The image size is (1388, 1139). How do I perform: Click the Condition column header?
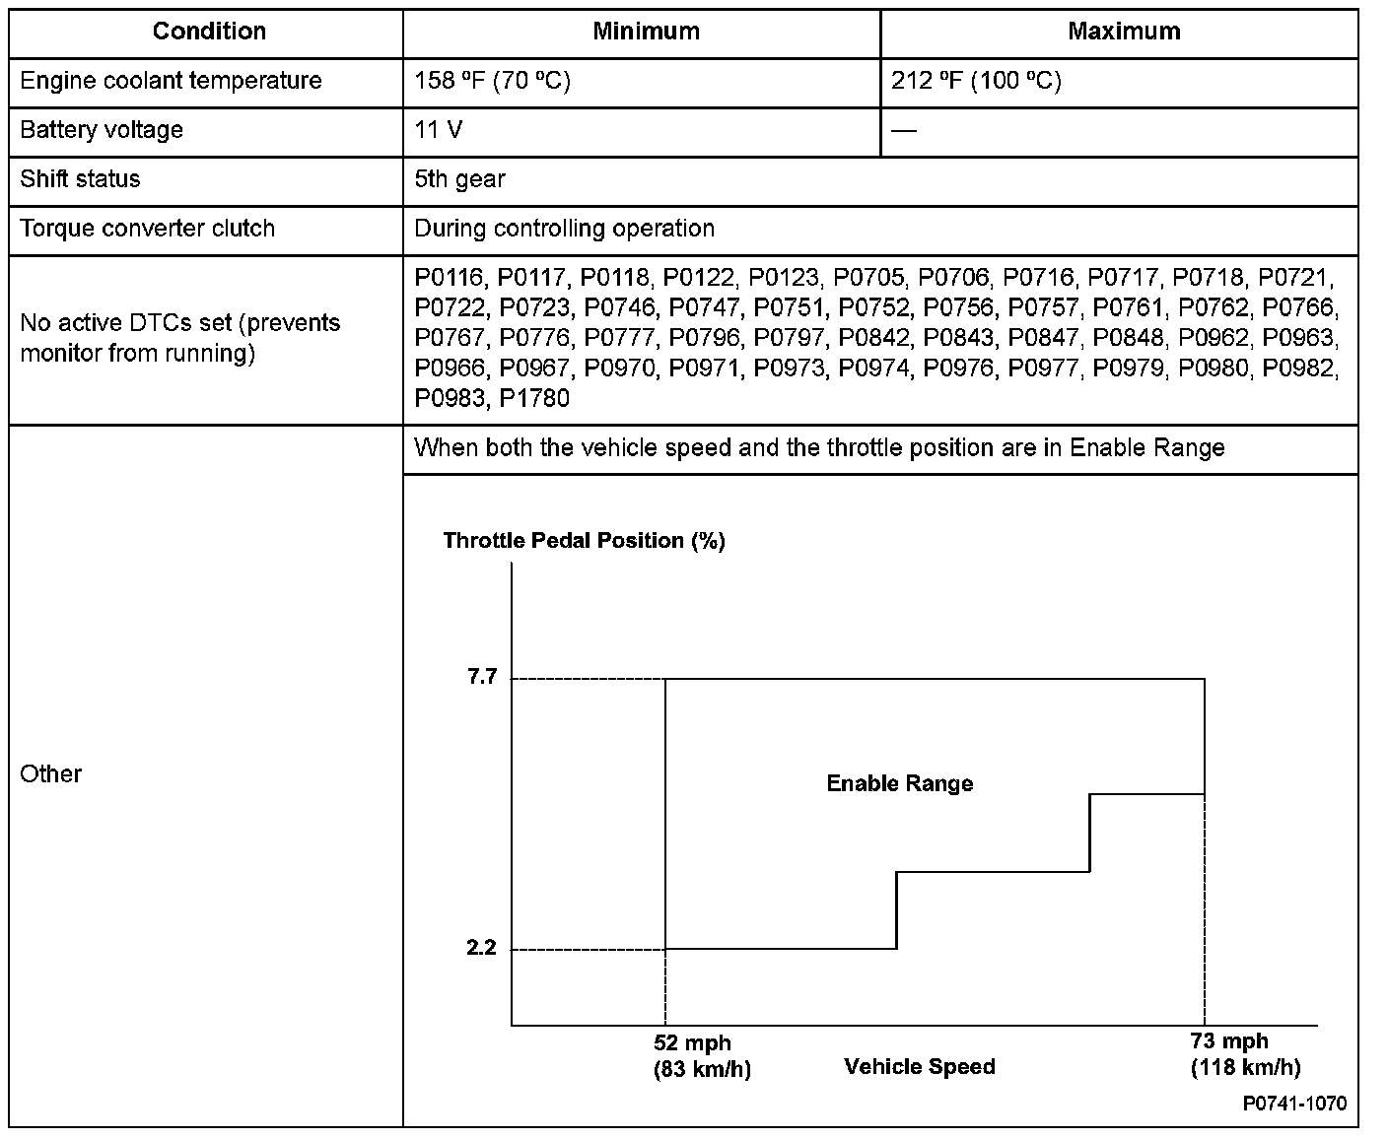pos(209,32)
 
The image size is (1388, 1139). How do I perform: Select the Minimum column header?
pos(646,32)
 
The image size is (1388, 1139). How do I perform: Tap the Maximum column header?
pos(1124,32)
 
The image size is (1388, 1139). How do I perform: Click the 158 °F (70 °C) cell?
pos(492,81)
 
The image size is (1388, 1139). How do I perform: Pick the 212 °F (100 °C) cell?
pos(976,81)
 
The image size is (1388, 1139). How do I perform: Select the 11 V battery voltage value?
pos(439,130)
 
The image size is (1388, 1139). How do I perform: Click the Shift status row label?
pos(80,179)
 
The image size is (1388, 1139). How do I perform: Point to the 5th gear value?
pos(459,179)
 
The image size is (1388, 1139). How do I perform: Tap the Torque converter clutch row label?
pos(147,229)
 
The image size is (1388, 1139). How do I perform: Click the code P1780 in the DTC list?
pos(534,399)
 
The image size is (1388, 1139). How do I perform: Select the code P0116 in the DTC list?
pos(450,278)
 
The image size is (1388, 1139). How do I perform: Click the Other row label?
pos(50,774)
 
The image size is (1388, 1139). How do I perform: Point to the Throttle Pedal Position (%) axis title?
pos(584,541)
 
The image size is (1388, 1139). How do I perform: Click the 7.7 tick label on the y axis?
pos(482,677)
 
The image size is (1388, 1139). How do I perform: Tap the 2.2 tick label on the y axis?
pos(482,948)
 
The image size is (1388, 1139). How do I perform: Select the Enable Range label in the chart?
pos(899,784)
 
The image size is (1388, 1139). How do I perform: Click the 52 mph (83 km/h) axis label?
pos(702,1056)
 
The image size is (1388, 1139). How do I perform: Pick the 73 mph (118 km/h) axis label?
pos(1244,1054)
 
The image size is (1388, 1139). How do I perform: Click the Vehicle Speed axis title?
pos(920,1067)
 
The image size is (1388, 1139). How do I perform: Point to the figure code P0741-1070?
pos(1293,1104)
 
